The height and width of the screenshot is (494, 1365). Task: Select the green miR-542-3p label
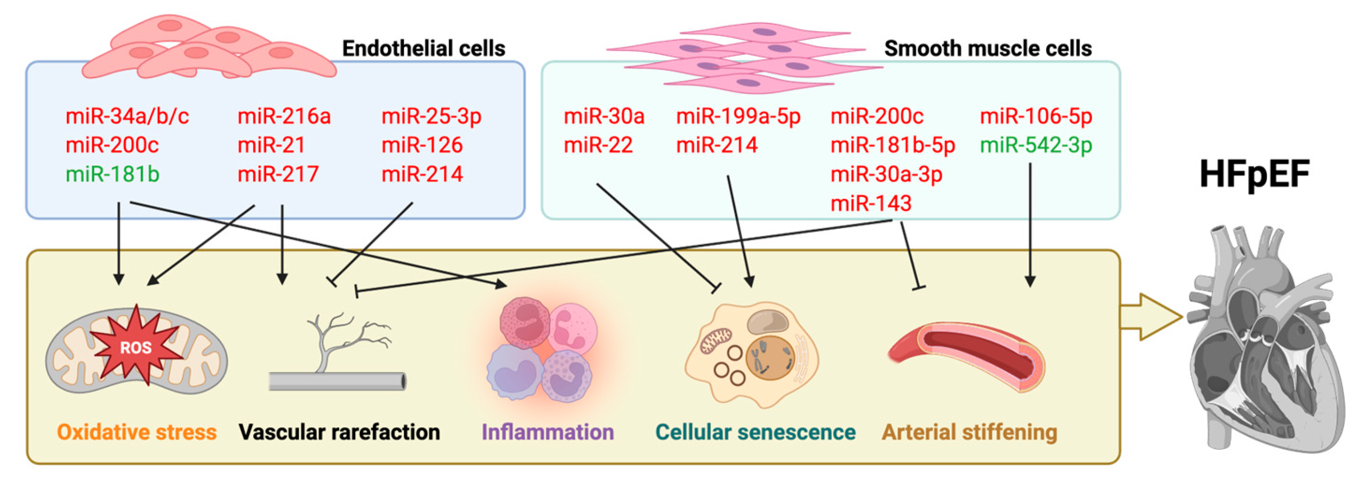[x=1036, y=145]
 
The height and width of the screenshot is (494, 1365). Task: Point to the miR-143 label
[x=871, y=203]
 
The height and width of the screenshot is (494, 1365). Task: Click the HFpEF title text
[x=1254, y=174]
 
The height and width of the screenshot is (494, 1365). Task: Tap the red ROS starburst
[x=136, y=347]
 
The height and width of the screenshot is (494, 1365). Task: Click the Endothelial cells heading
[x=423, y=49]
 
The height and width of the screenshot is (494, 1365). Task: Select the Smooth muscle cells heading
[x=988, y=49]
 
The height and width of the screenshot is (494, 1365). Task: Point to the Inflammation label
[x=547, y=432]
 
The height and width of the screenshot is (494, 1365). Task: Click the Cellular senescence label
[x=755, y=432]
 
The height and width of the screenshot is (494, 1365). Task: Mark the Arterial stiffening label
[x=969, y=432]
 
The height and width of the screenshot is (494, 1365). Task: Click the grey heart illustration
[x=1267, y=339]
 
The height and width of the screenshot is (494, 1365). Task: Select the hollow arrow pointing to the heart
[x=1150, y=317]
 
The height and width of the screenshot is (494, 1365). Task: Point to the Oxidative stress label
[x=137, y=432]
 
